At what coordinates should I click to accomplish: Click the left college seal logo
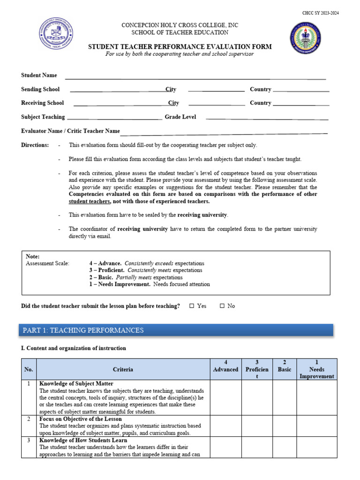click(x=56, y=35)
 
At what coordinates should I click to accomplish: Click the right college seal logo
click(x=305, y=38)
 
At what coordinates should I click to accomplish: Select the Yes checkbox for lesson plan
click(x=192, y=306)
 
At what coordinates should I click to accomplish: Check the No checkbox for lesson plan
click(x=222, y=306)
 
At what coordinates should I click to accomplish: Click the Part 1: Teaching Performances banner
click(x=177, y=330)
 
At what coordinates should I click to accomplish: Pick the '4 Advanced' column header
click(x=225, y=366)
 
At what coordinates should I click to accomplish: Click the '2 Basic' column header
click(x=284, y=366)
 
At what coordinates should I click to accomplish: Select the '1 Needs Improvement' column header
click(x=317, y=369)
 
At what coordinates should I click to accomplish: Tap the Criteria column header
click(x=123, y=369)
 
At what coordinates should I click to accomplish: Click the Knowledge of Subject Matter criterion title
click(x=76, y=383)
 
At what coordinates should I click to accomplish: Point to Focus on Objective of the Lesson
click(x=80, y=419)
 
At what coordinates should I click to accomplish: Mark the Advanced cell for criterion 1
click(x=225, y=397)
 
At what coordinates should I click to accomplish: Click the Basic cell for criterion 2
click(x=284, y=426)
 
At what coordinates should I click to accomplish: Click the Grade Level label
click(x=180, y=117)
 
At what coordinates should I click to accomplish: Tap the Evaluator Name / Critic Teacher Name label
click(x=70, y=131)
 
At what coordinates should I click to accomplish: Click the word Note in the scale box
click(x=33, y=256)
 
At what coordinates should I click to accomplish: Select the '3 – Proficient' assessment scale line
click(x=146, y=270)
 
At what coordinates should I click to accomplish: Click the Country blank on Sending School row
click(x=301, y=90)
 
